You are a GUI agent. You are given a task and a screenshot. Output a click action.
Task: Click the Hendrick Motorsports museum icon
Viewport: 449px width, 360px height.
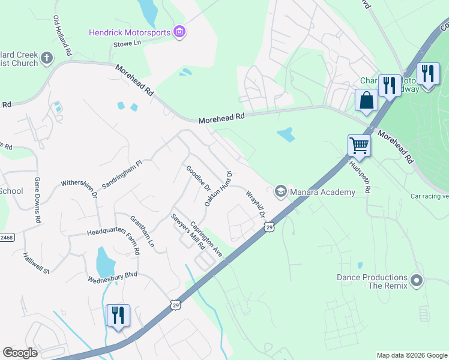pyautogui.click(x=178, y=31)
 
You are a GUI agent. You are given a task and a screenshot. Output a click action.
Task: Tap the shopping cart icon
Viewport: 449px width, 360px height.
pyautogui.click(x=359, y=145)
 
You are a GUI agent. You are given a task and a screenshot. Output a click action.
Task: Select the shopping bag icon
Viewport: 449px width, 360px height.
pyautogui.click(x=366, y=100)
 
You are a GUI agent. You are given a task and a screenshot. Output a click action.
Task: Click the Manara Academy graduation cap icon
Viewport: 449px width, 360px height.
pyautogui.click(x=280, y=191)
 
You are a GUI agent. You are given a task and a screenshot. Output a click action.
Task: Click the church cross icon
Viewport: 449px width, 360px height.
pyautogui.click(x=47, y=58)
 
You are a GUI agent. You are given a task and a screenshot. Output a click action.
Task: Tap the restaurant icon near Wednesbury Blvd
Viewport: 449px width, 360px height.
pyautogui.click(x=118, y=315)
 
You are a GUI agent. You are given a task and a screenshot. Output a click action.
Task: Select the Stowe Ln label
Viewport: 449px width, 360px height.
pyautogui.click(x=126, y=43)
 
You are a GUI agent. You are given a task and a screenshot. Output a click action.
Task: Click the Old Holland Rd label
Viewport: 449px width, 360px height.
pyautogui.click(x=62, y=36)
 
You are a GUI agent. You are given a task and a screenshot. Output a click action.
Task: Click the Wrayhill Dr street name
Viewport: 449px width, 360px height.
pyautogui.click(x=256, y=205)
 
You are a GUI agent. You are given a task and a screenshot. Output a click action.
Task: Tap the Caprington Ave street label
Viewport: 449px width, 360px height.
pyautogui.click(x=206, y=239)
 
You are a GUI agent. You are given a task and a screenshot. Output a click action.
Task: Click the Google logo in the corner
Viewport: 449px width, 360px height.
pyautogui.click(x=20, y=353)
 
